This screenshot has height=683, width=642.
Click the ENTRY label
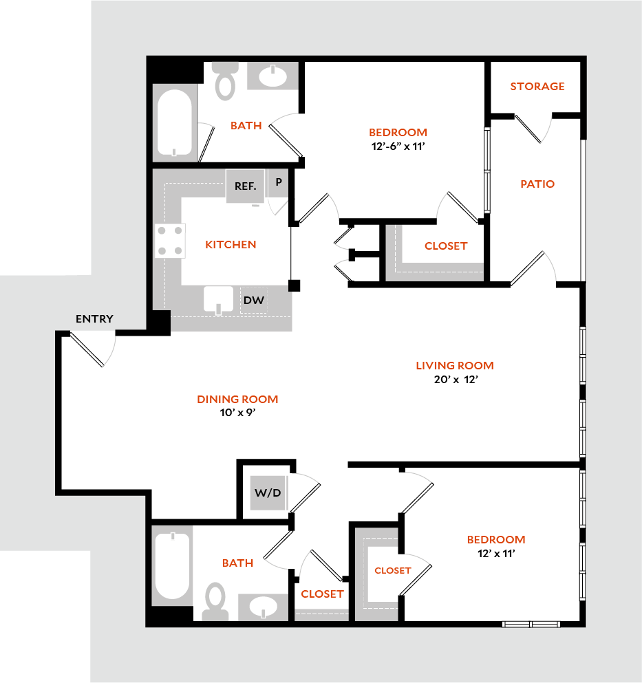(x=94, y=319)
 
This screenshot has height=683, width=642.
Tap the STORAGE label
(x=537, y=87)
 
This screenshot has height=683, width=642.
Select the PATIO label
(x=537, y=184)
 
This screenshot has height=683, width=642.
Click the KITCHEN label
(x=231, y=245)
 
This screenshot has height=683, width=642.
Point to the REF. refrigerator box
(x=246, y=186)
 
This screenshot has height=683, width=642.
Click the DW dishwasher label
(x=253, y=301)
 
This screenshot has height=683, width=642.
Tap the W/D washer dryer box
(x=268, y=492)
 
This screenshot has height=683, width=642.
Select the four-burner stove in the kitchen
(x=170, y=241)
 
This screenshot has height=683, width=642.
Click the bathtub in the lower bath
(x=171, y=566)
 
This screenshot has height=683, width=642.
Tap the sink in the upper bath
(x=273, y=76)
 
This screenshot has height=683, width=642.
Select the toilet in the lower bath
(x=215, y=600)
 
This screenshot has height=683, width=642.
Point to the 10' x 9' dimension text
(x=237, y=413)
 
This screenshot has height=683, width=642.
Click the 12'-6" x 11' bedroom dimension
(x=398, y=146)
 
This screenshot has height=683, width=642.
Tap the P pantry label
(x=279, y=183)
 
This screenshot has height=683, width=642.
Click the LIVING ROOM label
(x=455, y=365)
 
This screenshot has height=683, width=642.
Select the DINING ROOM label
(x=237, y=399)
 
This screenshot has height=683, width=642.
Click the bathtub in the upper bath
(x=173, y=122)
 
